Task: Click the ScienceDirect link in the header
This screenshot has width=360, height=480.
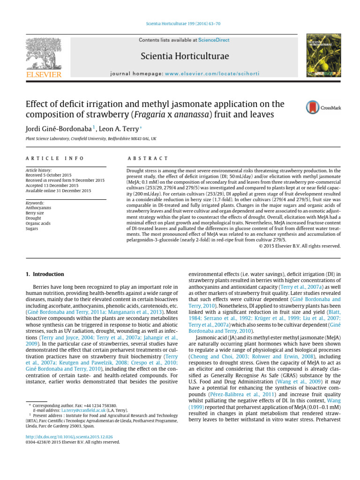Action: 214,40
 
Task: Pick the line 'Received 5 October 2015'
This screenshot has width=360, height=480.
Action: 50,175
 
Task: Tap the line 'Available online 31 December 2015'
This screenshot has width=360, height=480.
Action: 58,191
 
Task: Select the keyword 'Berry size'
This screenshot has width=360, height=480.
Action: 36,213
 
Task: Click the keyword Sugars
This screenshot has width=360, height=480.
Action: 32,228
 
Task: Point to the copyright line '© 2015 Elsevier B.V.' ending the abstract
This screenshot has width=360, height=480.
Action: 300,245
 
